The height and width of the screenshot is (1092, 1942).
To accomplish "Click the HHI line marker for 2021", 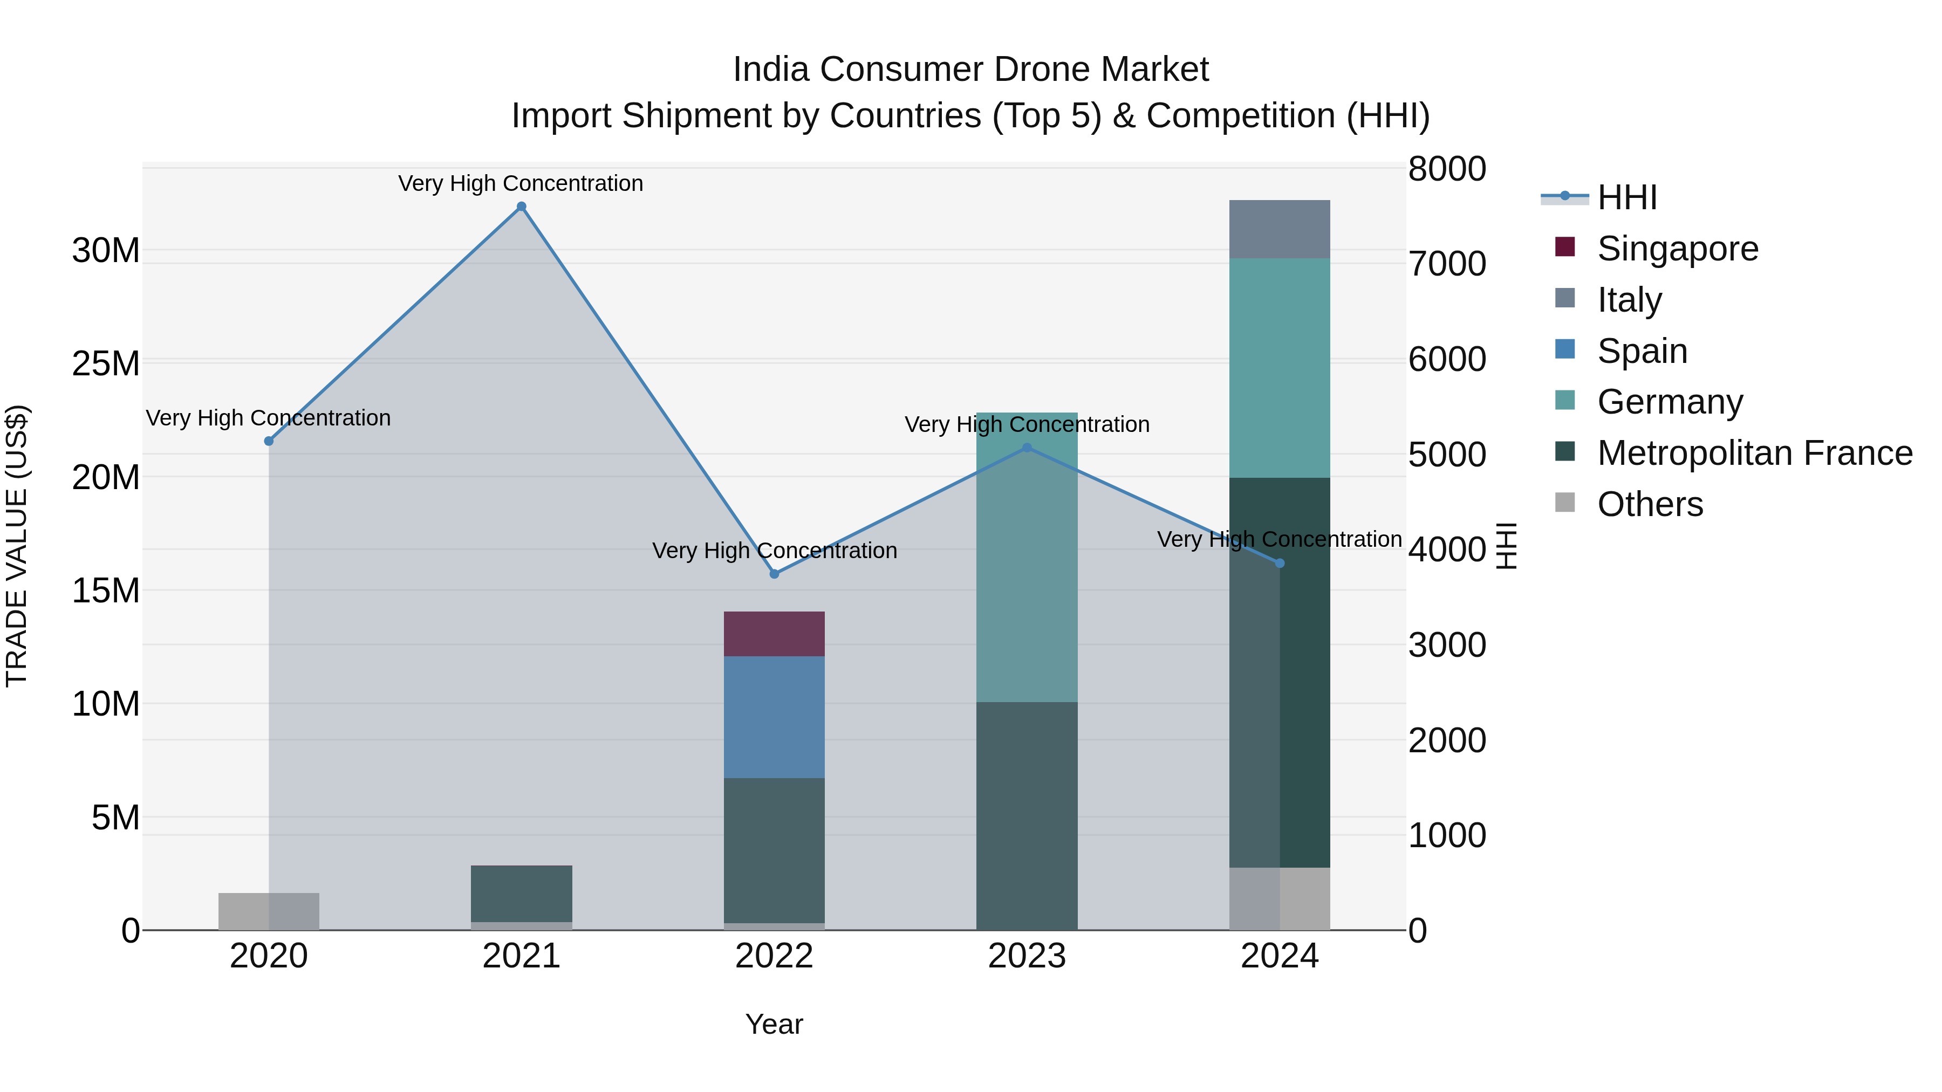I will tap(521, 207).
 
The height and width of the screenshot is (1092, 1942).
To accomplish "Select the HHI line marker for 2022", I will tap(774, 574).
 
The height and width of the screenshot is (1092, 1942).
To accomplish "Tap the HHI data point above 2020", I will tap(269, 441).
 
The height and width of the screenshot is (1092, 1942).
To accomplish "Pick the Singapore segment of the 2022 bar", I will tap(774, 634).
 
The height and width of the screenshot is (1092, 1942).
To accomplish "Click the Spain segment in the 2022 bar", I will tap(774, 717).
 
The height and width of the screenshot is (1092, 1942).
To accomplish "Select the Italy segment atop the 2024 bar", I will tap(1280, 230).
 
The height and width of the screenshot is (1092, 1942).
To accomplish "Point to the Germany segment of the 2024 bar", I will tap(1280, 368).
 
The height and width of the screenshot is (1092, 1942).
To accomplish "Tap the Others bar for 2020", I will tap(269, 911).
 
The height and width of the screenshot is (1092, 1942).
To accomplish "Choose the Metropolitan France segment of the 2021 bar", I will tap(521, 893).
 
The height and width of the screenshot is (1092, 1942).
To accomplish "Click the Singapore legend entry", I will tap(1677, 249).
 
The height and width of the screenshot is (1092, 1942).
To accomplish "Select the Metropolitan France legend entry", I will tap(1754, 453).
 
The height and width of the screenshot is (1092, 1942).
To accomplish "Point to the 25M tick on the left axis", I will tap(106, 363).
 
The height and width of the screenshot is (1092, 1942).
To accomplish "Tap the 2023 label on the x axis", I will tap(1027, 956).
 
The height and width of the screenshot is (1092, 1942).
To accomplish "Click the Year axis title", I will tap(774, 1024).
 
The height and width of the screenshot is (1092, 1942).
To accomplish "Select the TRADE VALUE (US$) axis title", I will tap(17, 546).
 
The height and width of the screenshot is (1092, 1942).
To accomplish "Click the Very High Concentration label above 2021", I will tap(521, 183).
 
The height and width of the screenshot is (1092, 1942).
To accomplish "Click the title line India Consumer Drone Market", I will tap(970, 70).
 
